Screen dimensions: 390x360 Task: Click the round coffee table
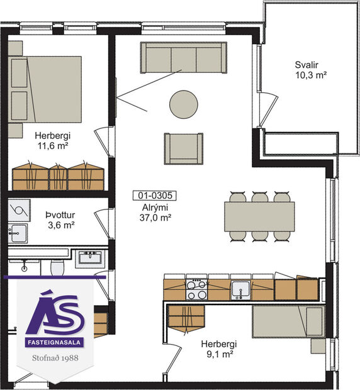point(183,103)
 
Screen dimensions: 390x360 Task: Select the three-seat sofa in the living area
point(183,57)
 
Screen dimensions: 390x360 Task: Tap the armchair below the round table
point(183,148)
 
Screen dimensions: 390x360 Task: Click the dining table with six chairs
point(259,216)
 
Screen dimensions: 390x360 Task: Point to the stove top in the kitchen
point(196,289)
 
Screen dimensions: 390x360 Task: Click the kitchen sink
point(240,289)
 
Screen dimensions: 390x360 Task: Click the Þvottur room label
point(62,213)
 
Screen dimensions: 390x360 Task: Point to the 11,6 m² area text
point(52,145)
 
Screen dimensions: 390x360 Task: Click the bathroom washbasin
point(91,258)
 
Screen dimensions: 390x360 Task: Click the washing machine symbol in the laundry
point(20,209)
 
